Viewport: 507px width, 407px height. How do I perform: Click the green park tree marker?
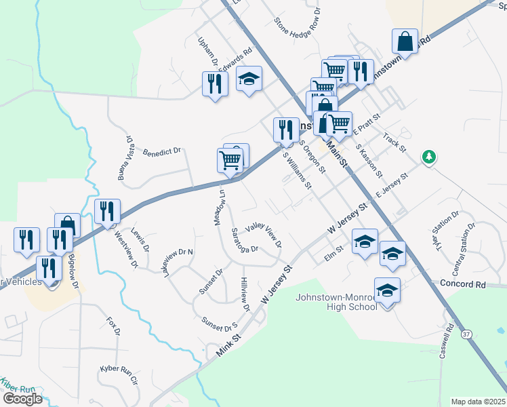pyautogui.click(x=428, y=157)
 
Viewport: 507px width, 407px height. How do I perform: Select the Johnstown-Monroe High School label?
pyautogui.click(x=336, y=302)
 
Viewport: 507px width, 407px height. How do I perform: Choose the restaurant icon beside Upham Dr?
pyautogui.click(x=215, y=84)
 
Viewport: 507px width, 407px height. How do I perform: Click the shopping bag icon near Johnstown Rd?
pyautogui.click(x=405, y=41)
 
